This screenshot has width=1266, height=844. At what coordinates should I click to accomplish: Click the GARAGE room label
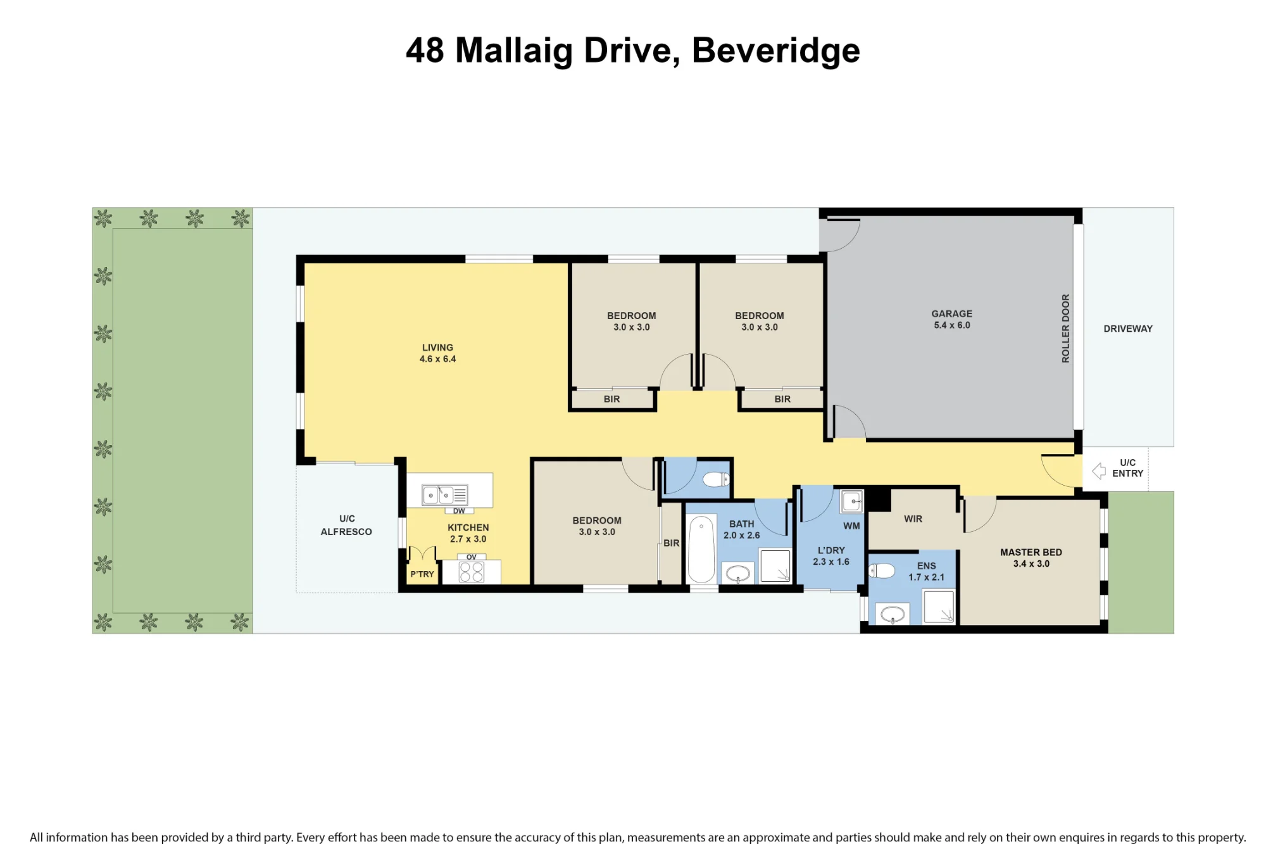pyautogui.click(x=951, y=313)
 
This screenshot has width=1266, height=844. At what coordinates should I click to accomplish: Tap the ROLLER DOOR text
pyautogui.click(x=1065, y=328)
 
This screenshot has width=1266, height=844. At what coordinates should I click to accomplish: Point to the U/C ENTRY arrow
pyautogui.click(x=1099, y=470)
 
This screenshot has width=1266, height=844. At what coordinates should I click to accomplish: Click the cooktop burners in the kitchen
pyautogui.click(x=472, y=572)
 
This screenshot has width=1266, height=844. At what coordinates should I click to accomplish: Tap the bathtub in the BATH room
pyautogui.click(x=701, y=548)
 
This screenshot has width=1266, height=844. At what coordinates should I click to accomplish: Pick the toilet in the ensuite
pyautogui.click(x=882, y=570)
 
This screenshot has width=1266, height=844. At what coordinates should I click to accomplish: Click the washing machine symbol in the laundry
pyautogui.click(x=851, y=501)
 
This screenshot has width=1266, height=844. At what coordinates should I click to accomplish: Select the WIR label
pyautogui.click(x=913, y=519)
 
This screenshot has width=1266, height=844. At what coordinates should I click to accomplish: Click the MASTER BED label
pyautogui.click(x=1031, y=552)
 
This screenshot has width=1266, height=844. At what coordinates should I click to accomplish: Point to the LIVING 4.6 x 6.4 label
pyautogui.click(x=437, y=353)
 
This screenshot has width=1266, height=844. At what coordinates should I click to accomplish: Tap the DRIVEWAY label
pyautogui.click(x=1128, y=329)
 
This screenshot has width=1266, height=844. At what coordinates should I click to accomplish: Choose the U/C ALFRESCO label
pyautogui.click(x=346, y=525)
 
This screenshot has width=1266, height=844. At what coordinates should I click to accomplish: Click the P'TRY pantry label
pyautogui.click(x=422, y=574)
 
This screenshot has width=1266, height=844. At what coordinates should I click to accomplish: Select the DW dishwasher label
pyautogui.click(x=459, y=511)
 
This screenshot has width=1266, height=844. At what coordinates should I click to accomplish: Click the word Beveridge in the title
pyautogui.click(x=776, y=50)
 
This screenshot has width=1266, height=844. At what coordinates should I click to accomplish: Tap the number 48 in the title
pyautogui.click(x=425, y=50)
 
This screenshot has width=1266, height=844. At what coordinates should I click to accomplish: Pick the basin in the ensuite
pyautogui.click(x=893, y=614)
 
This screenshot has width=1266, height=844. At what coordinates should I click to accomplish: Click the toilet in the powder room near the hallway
pyautogui.click(x=717, y=479)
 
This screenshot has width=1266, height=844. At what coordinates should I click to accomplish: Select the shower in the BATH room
pyautogui.click(x=775, y=565)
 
